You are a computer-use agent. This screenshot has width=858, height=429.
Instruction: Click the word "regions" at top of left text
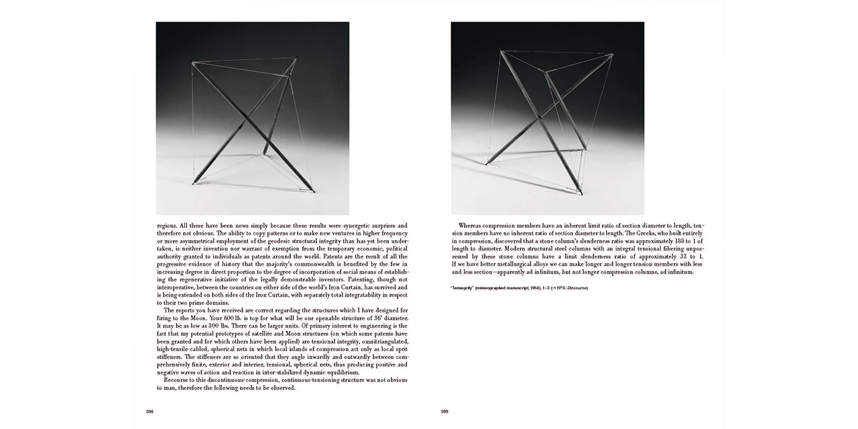click(x=168, y=225)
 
